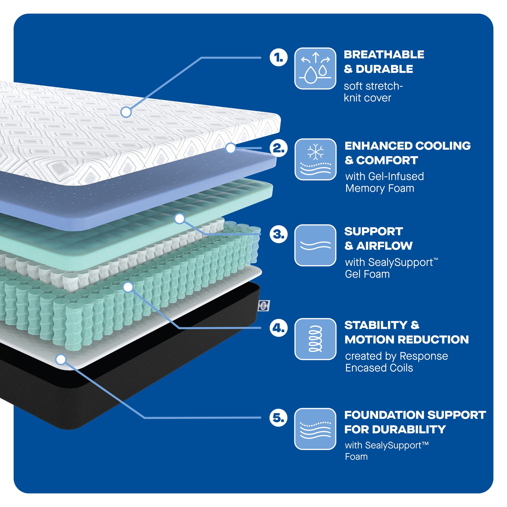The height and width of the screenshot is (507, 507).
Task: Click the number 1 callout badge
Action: coord(278,57)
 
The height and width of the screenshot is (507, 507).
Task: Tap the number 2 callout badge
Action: coord(278,148)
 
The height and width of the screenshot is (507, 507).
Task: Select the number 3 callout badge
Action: coord(278,234)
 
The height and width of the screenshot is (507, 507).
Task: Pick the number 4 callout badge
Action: coord(278,328)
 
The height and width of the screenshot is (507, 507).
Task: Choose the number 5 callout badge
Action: coord(278,418)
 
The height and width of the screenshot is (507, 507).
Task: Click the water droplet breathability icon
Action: coord(315,68)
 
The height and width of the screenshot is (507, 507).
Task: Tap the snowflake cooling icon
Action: coord(315,159)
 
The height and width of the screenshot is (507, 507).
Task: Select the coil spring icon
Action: coord(315,339)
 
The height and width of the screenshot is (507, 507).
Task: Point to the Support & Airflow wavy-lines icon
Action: coord(315,245)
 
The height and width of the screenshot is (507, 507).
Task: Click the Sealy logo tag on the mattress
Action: coord(264,305)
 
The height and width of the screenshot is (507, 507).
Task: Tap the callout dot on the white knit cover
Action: coord(126,112)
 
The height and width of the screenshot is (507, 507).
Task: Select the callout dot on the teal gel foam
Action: coord(180,219)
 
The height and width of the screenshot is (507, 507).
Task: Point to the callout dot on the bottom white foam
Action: coord(61,359)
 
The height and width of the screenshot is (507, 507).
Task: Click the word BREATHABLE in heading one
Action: coord(384,55)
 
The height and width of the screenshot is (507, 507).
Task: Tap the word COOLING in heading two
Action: coord(443,146)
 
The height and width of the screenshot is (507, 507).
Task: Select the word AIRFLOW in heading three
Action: coord(384,246)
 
